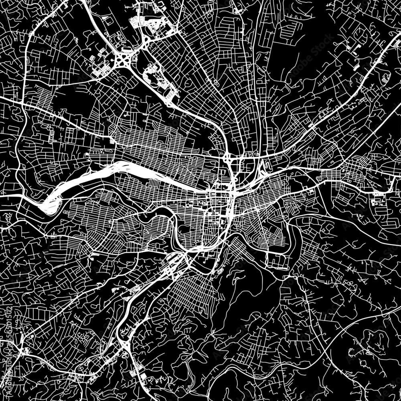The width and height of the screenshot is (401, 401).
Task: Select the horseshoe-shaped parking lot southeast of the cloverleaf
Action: pyautogui.click(x=154, y=76)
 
